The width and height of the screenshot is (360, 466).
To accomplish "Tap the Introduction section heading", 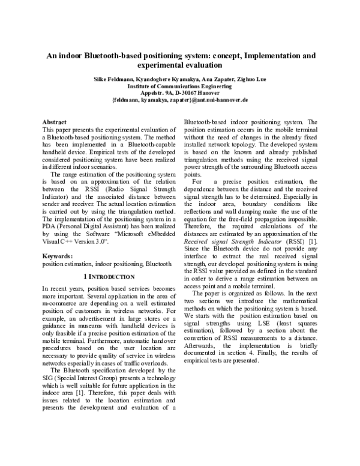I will coord(108,277).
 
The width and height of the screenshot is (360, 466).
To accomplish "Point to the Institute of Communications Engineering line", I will coord(180,86).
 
